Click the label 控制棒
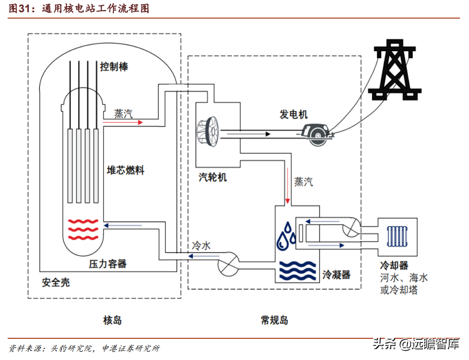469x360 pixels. pos(114,66)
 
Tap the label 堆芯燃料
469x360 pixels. pos(126,170)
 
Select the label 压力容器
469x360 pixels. pos(108,264)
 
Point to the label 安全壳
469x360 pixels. pos(56,282)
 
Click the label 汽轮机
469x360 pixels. pos(213,177)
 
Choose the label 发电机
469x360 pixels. pos(293,114)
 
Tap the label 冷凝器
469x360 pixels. pos(337,275)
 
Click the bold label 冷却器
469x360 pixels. pos(394,265)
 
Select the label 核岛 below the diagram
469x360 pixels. pos(113,320)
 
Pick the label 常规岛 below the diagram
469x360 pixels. pos(275,320)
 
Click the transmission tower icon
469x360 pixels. pos(394,70)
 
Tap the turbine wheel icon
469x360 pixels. pos(208,132)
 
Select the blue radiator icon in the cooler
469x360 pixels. pos(397,236)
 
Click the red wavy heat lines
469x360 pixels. pos(83,230)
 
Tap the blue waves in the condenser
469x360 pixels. pos(298,271)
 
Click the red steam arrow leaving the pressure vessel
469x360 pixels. pos(122,122)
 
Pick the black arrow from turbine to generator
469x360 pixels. pos(245,134)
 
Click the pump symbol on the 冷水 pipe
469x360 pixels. pos(229,264)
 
